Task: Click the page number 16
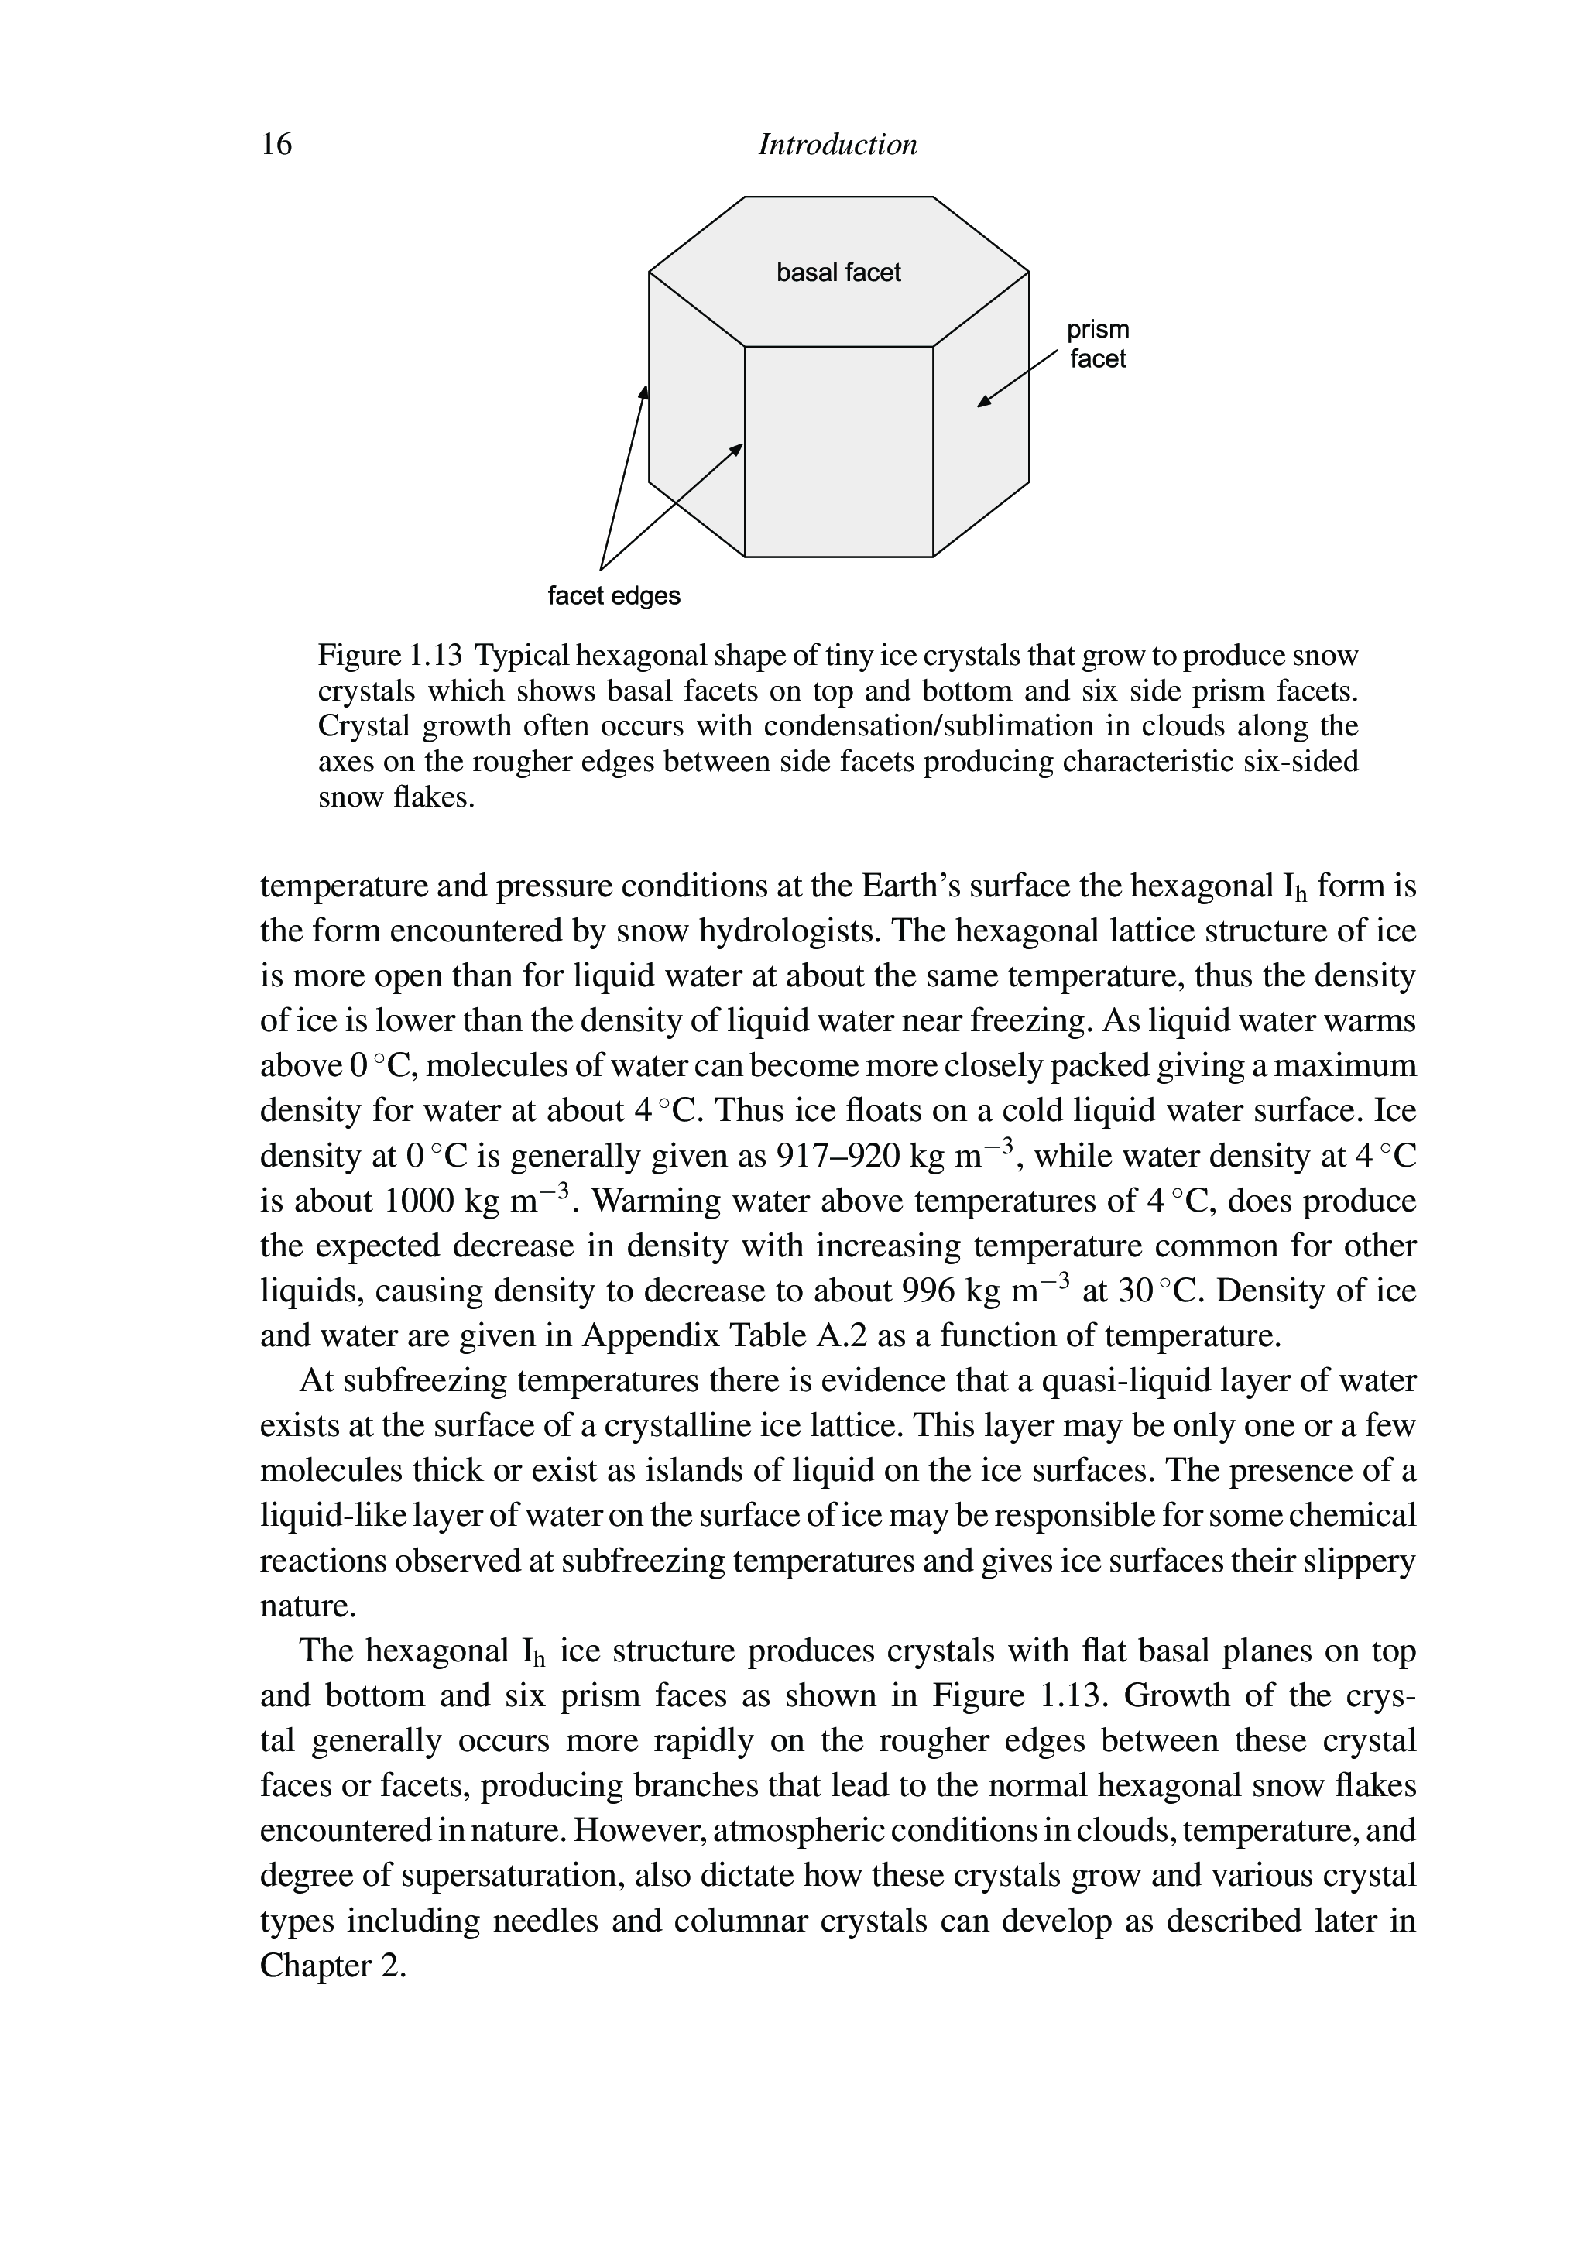[x=276, y=145]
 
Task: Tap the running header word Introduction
[x=838, y=145]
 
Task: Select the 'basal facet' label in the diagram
[x=838, y=273]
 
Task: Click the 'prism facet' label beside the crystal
[x=1097, y=345]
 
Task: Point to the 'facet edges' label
[x=614, y=596]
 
